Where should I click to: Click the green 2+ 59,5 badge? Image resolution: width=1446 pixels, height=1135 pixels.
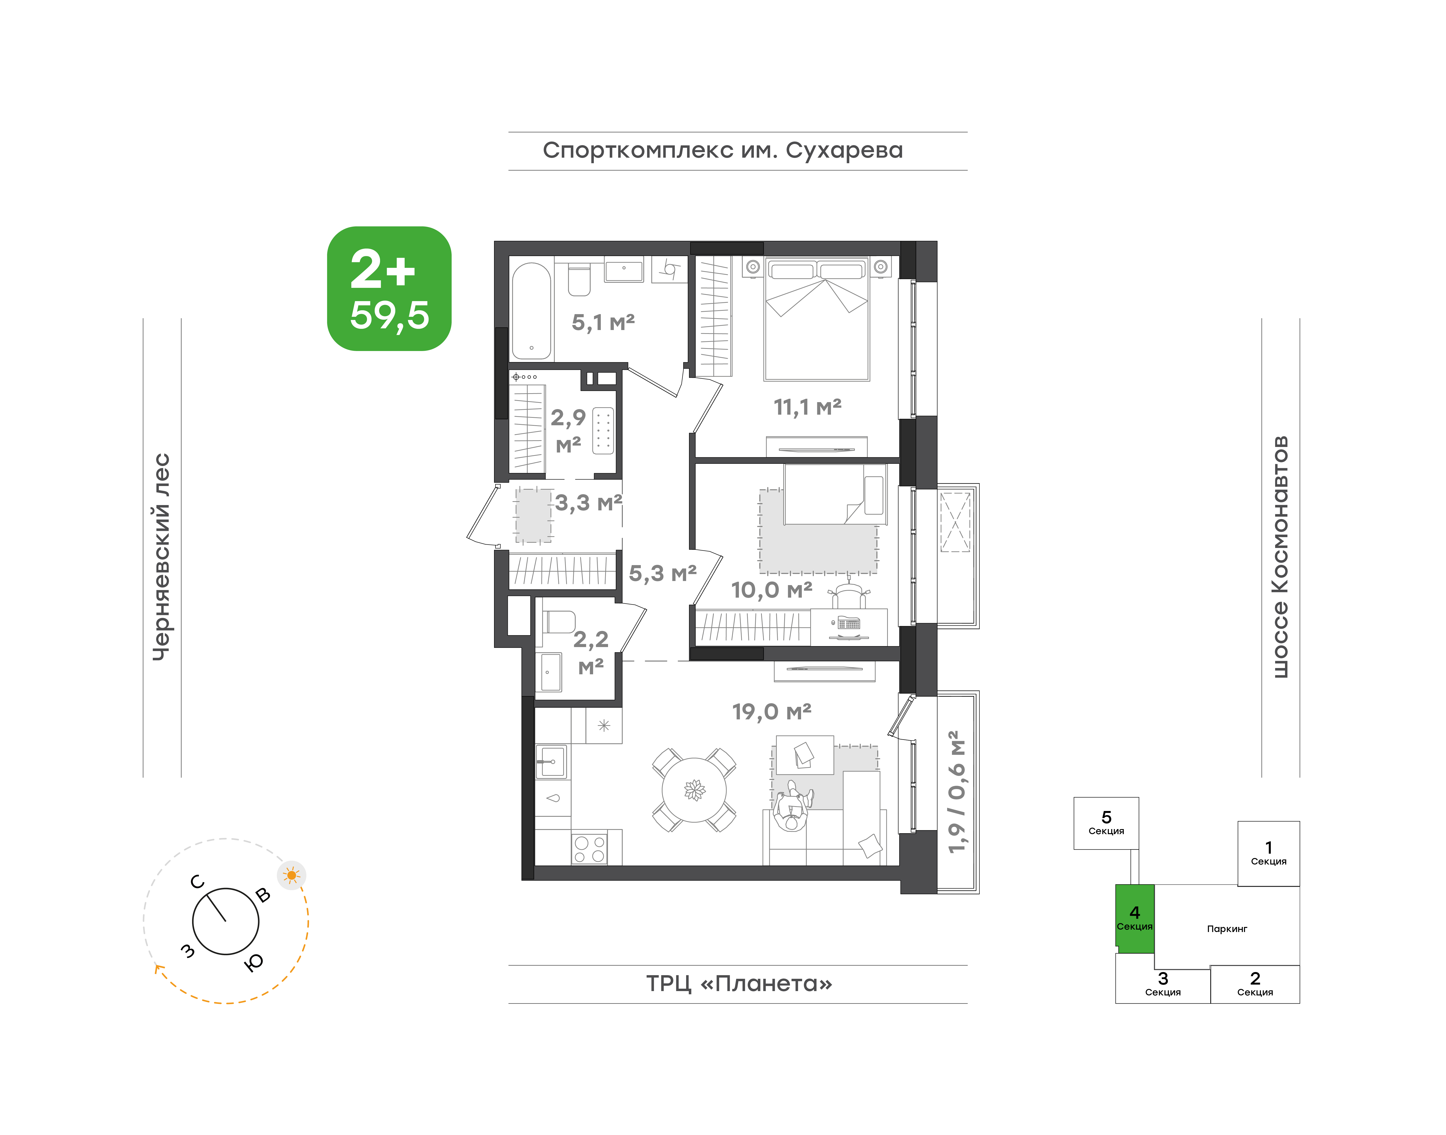389,288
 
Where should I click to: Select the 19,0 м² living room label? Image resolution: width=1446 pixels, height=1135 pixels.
772,712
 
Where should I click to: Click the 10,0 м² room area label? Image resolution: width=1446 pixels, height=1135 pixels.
772,589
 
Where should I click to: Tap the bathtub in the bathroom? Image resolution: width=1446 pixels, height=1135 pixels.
531,310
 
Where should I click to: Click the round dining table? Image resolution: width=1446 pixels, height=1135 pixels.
694,790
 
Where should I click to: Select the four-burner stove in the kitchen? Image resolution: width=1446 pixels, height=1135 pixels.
589,849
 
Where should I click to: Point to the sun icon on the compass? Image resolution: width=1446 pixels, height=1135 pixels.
291,875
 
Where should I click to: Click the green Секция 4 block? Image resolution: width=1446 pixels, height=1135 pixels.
1134,918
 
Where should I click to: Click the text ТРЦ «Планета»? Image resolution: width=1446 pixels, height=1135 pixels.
739,984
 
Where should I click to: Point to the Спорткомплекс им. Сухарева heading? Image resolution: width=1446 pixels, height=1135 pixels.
723,151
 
